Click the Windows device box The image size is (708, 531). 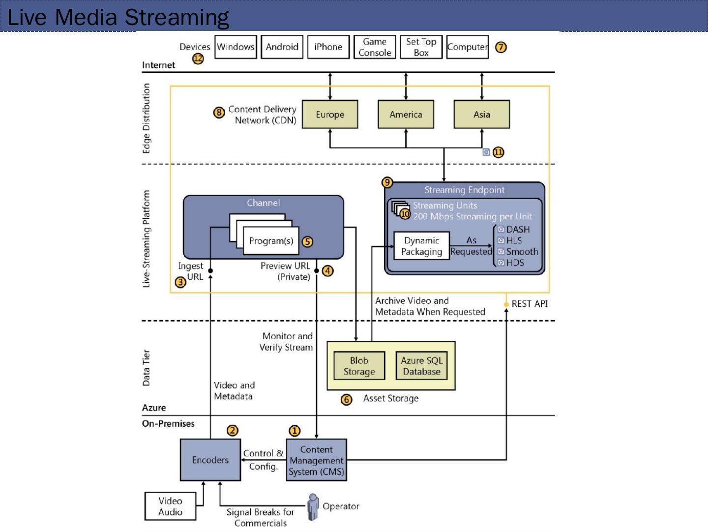coord(236,47)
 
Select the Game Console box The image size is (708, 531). coord(375,47)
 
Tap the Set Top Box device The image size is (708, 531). coord(421,47)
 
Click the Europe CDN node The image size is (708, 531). coord(330,115)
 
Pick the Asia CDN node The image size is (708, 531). coord(481,115)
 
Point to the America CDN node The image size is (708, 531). coord(406,115)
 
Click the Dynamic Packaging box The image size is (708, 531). coord(421,246)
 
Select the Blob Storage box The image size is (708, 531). coord(359,366)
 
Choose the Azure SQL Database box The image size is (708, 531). coord(421,366)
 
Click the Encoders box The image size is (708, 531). coord(210,460)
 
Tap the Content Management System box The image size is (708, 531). coord(317,460)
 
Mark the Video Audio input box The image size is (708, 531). coord(170,506)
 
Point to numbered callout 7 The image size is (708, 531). coord(501,47)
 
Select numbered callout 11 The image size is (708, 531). coord(499,152)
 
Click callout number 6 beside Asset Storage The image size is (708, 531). coord(347,400)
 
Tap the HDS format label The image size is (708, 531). coord(515,263)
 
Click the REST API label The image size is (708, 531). coord(530,304)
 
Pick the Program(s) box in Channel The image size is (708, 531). coord(271,241)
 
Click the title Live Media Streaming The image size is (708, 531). coord(118,17)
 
